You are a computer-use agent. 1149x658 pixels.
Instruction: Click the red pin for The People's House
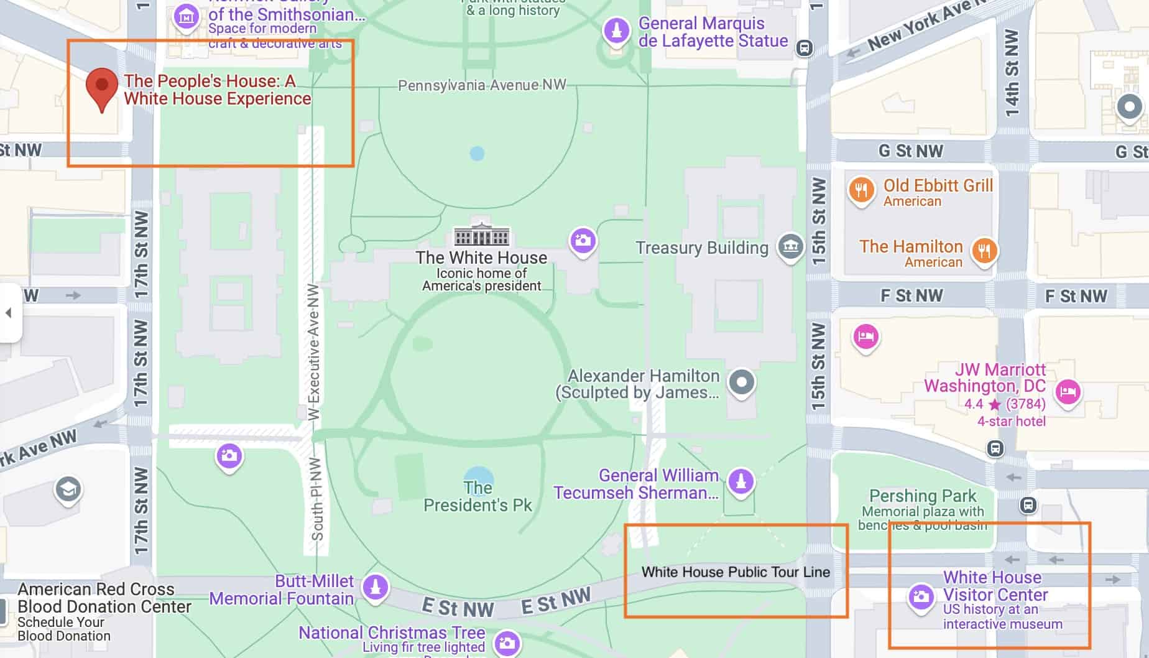[x=102, y=86]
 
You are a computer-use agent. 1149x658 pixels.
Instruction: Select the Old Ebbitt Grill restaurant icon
[x=861, y=190]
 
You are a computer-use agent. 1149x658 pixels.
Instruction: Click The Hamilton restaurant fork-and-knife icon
[x=984, y=251]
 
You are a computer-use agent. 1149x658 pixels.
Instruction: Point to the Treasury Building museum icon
[x=790, y=246]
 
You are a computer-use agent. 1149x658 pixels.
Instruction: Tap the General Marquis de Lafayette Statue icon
[x=616, y=30]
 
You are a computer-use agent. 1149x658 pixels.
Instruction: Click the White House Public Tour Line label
[x=736, y=572]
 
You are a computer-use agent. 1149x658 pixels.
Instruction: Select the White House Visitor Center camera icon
[x=921, y=597]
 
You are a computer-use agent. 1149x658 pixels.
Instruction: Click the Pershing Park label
[x=923, y=496]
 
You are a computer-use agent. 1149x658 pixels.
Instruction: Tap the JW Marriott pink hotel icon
[x=1068, y=392]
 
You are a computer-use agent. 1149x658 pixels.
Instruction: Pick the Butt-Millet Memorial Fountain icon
[x=375, y=586]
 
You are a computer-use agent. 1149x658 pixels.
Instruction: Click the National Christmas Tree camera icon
[x=507, y=643]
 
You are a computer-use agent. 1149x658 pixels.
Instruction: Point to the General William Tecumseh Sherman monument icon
[x=740, y=481]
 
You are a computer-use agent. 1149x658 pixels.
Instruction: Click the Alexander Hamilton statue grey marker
[x=741, y=382]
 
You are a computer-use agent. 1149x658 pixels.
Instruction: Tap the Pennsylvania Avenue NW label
[x=482, y=85]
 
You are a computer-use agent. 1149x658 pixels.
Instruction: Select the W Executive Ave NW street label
[x=313, y=351]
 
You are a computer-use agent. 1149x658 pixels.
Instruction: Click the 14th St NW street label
[x=1012, y=73]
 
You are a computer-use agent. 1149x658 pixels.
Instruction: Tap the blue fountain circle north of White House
[x=477, y=153]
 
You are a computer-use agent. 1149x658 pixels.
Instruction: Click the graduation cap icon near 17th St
[x=68, y=489]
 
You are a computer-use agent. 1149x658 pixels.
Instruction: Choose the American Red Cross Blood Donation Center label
[x=96, y=598]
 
